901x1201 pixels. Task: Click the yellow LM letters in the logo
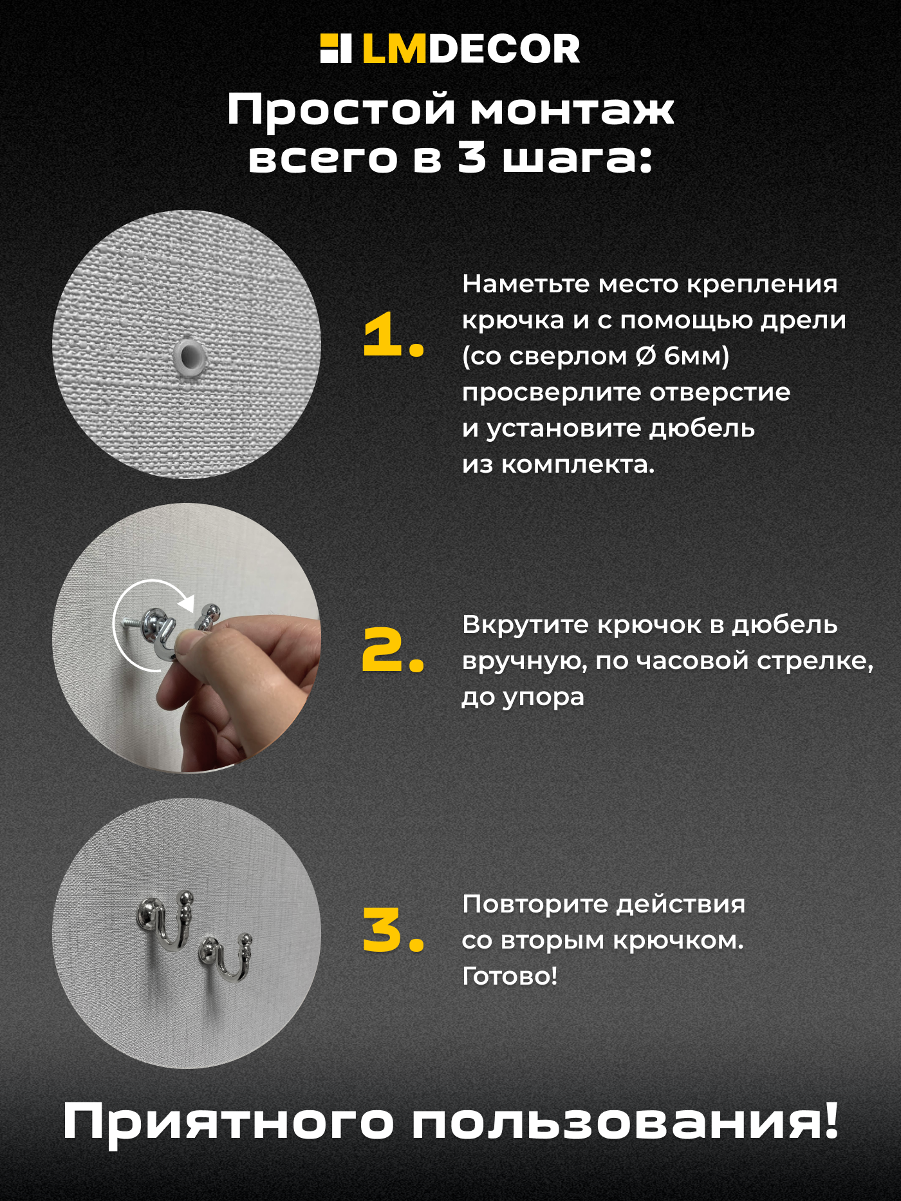tap(394, 50)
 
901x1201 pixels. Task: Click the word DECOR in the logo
tap(504, 50)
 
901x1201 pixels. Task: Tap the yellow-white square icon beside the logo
tap(335, 49)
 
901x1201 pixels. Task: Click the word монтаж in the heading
tap(571, 109)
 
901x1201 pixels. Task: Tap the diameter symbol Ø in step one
tap(646, 356)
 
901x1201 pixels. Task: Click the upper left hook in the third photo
tap(166, 921)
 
